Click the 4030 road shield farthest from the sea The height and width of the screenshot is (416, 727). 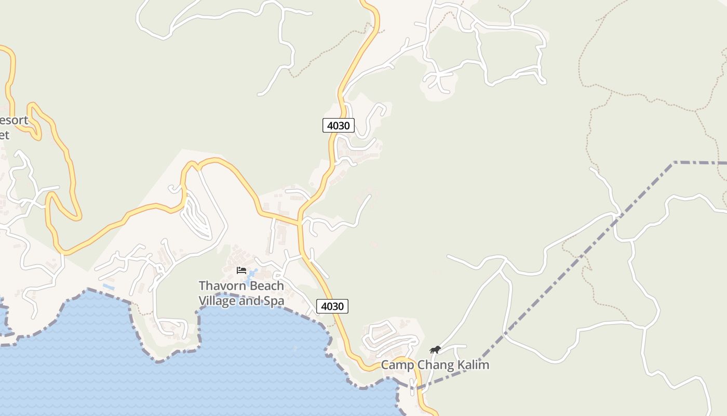339,125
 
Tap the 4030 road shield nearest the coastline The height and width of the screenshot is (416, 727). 332,306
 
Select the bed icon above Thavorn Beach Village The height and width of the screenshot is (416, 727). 241,270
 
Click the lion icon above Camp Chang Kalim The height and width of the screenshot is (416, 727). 435,349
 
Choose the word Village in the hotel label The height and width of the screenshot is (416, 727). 217,301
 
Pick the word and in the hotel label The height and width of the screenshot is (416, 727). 250,301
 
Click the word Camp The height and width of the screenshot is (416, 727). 397,365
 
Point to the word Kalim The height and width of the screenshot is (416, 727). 473,365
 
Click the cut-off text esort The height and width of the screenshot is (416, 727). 14,121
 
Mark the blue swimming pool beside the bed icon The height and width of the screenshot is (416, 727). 252,274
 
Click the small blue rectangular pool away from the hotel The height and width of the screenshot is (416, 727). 109,287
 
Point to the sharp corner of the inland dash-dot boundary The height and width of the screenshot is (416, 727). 674,163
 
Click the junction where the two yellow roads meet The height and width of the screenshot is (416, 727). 300,224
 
